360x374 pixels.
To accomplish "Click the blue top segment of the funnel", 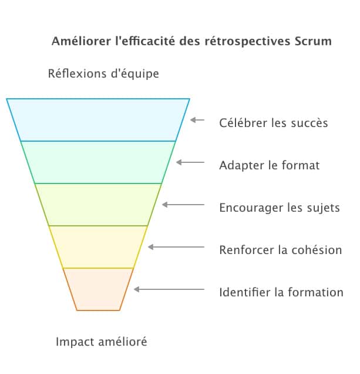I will tap(98, 120).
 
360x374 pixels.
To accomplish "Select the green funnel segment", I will tap(98, 162).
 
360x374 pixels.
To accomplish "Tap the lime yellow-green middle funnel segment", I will tap(98, 205).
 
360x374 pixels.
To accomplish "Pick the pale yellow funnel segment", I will tap(98, 247).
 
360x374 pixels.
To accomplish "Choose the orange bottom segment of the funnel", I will tap(98, 289).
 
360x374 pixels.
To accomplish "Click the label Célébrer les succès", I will tap(273, 123).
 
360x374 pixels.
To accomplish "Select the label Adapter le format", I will tap(269, 165).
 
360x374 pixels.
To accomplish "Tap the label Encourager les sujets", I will tap(279, 208).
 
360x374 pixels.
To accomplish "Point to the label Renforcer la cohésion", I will tap(280, 250).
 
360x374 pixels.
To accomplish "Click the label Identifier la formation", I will tap(281, 292).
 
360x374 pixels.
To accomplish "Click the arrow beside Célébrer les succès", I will tap(197, 120).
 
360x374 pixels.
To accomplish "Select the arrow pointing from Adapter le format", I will tap(190, 162).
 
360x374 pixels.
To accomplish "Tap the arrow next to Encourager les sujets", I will tap(183, 205).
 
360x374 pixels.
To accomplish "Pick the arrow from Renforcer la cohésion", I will tap(176, 247).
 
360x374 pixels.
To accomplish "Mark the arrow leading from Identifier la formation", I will tap(169, 289).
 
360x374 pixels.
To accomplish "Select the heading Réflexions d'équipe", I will tap(103, 74).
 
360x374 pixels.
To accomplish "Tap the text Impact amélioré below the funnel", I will tap(101, 342).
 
